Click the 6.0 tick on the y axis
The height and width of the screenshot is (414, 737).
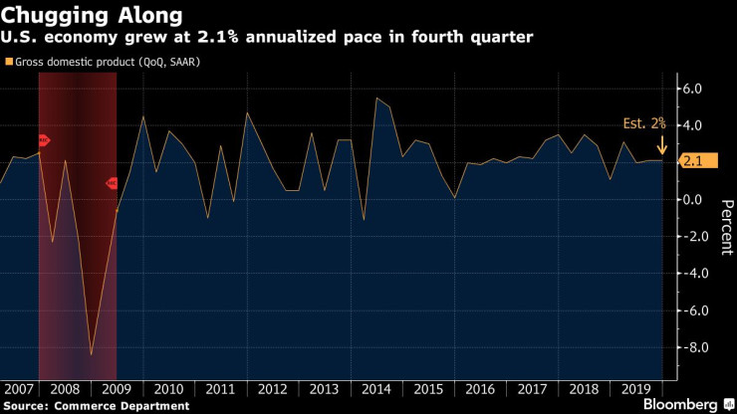[694, 89]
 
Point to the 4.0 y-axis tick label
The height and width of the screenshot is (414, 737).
[694, 125]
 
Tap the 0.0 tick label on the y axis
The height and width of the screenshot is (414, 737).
[694, 199]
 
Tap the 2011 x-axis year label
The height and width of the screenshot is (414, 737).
[220, 390]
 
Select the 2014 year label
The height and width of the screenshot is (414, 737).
[376, 390]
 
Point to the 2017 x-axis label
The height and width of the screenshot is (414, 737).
[533, 390]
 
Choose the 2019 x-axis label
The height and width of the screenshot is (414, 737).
[636, 390]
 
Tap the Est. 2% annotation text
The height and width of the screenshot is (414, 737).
[645, 124]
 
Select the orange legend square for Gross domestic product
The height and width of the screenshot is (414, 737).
[5, 62]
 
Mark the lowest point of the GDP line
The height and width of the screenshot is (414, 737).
[91, 354]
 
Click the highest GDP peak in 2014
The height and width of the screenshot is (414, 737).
[376, 98]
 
